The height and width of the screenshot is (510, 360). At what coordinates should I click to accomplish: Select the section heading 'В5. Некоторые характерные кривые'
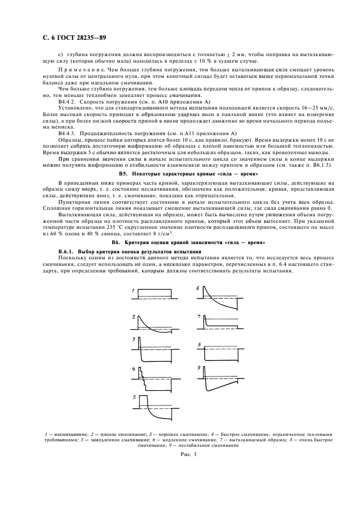pyautogui.click(x=179, y=173)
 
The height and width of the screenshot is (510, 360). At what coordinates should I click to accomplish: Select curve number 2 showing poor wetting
pyautogui.click(x=156, y=324)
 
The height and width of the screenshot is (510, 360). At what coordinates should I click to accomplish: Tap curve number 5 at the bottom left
pyautogui.click(x=156, y=405)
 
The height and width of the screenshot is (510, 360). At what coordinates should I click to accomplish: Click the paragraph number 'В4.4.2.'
pyautogui.click(x=68, y=102)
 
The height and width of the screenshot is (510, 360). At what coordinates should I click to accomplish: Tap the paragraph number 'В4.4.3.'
pyautogui.click(x=68, y=133)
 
